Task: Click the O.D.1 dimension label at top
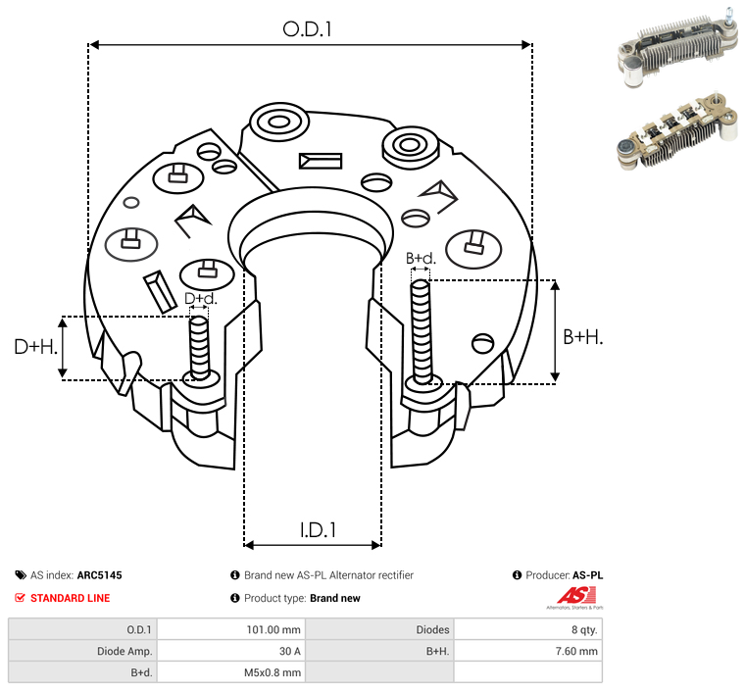[308, 29]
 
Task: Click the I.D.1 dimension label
[319, 530]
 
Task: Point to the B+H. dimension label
[582, 336]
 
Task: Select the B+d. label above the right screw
[421, 259]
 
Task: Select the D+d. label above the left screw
[200, 298]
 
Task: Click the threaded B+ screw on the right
[422, 331]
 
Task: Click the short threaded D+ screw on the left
[199, 346]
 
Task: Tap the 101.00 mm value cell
[277, 629]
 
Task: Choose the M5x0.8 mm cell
[272, 672]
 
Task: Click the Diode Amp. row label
[124, 651]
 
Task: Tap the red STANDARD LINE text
[70, 598]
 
